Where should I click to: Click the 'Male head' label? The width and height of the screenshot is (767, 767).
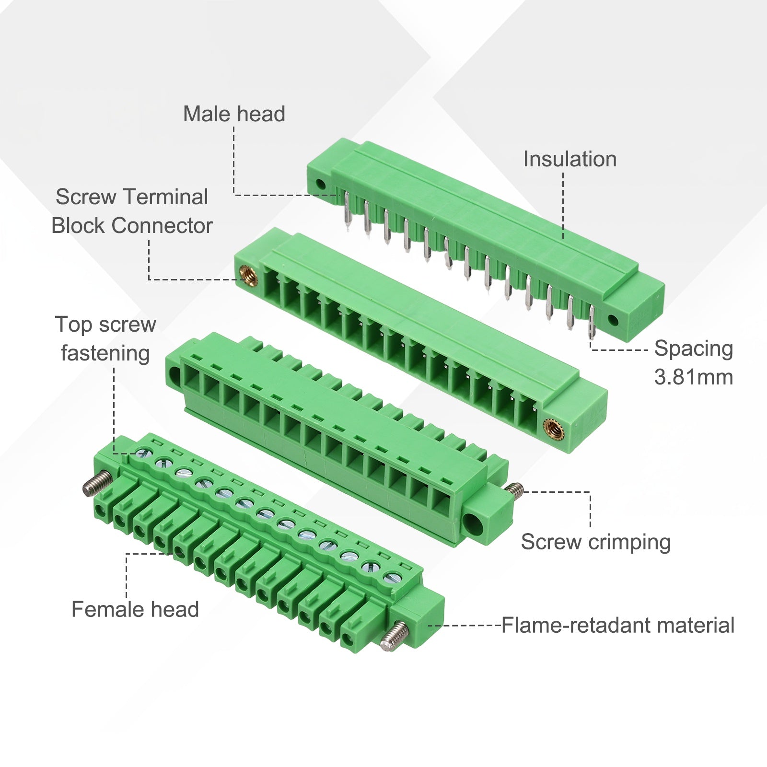pos(234,114)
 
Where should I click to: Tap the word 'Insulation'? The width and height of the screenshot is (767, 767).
pos(570,159)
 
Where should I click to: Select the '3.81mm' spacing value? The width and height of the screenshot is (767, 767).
pos(694,377)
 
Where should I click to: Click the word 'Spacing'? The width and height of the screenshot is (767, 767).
pos(694,349)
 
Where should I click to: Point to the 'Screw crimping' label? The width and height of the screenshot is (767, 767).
pos(596,542)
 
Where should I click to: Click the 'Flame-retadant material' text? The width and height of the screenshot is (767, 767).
pos(618,626)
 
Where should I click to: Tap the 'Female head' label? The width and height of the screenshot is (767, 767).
pos(135,609)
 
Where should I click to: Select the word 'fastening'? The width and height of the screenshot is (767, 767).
pos(105,354)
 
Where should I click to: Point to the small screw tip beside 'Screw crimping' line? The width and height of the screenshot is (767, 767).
pos(514,489)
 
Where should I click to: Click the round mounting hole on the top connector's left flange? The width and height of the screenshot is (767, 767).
pos(321,184)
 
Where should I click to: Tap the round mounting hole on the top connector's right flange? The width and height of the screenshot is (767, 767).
pos(613,320)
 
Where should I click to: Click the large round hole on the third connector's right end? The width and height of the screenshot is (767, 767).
pos(476,523)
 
